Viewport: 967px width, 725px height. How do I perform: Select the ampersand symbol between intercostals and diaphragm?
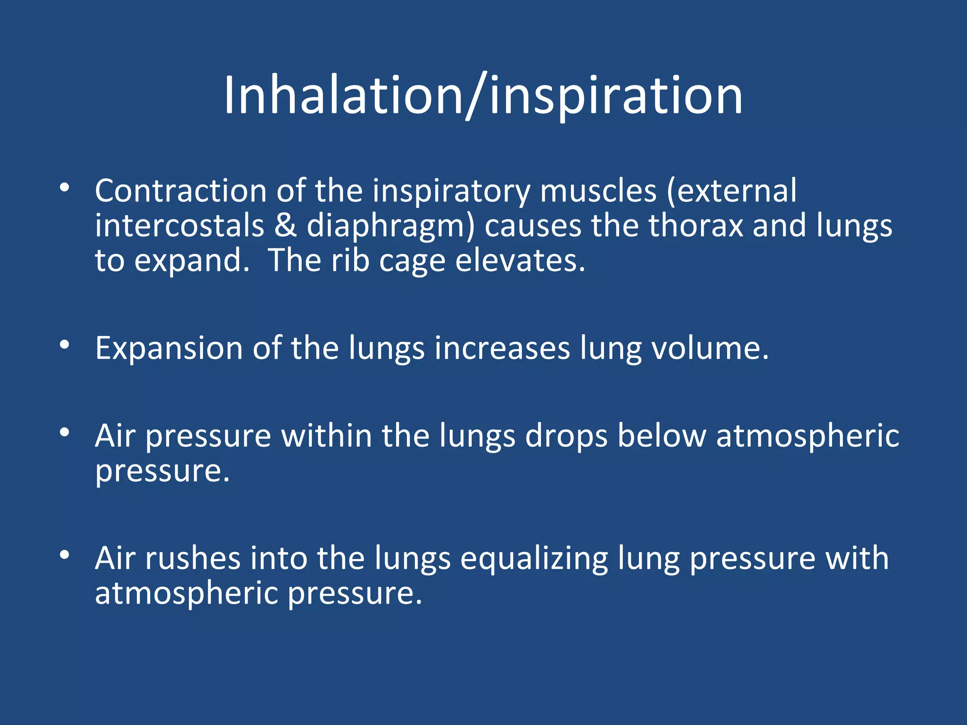click(x=285, y=226)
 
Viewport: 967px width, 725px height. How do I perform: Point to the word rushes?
click(x=192, y=558)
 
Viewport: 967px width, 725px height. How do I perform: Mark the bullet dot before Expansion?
click(x=65, y=345)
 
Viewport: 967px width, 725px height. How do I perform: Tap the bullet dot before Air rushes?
click(x=65, y=555)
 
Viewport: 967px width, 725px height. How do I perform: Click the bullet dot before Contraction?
click(x=65, y=188)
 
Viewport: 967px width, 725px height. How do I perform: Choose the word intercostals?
click(x=179, y=226)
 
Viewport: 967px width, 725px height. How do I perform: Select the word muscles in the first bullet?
click(x=598, y=191)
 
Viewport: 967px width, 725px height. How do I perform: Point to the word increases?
click(x=502, y=348)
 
